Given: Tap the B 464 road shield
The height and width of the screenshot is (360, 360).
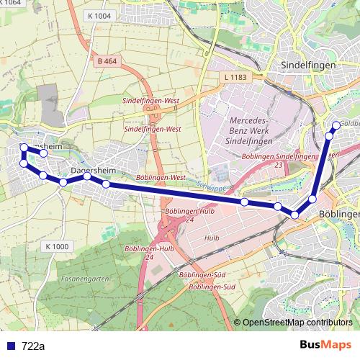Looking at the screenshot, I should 106,62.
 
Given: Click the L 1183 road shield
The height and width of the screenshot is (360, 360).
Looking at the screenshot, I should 235,76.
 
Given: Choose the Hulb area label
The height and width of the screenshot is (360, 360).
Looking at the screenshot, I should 211,238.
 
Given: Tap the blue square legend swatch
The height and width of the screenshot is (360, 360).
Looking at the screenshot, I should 10,346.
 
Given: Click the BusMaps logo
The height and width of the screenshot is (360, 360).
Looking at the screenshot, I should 324,346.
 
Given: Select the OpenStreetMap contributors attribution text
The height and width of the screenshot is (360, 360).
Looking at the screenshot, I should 297,323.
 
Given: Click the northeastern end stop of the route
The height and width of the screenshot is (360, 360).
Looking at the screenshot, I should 336,125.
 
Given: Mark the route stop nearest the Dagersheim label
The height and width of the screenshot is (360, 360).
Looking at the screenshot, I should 86,176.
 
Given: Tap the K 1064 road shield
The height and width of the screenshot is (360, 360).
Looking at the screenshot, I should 12,3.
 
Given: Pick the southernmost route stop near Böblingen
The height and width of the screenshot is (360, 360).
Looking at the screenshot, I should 294,215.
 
